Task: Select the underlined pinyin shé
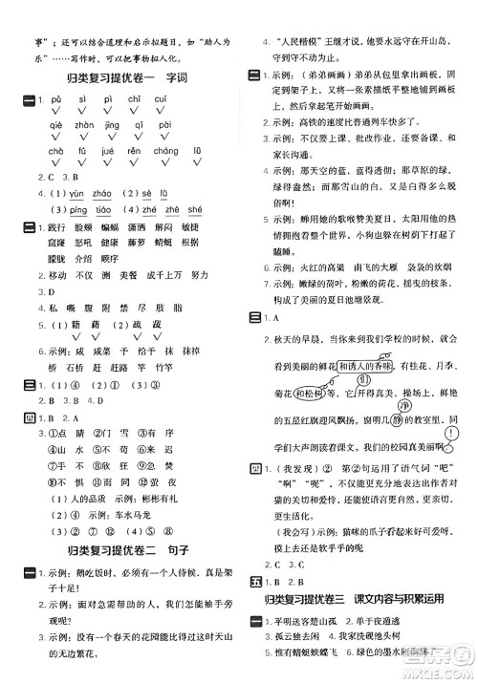point(193,210)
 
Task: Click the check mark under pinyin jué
point(107,163)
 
